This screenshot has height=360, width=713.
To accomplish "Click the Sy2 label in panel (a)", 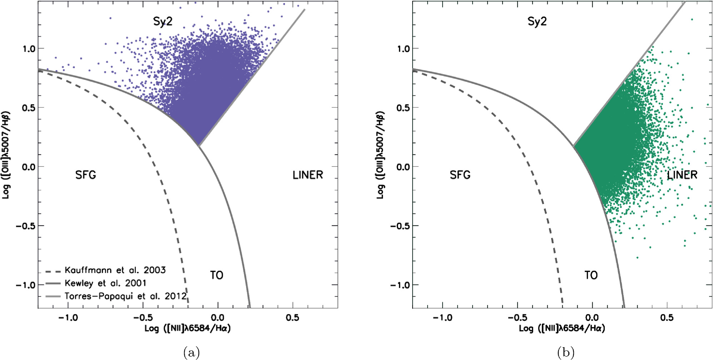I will point(163,21).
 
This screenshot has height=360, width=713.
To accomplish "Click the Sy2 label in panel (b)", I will point(537,21).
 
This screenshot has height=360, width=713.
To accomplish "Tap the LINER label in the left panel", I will point(308,175).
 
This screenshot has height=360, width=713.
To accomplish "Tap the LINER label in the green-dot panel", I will point(682,175).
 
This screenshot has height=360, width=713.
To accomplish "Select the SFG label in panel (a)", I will point(85,175).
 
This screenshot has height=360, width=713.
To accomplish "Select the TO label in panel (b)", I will point(591,275).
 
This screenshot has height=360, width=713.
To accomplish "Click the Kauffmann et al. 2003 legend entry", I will point(115,270).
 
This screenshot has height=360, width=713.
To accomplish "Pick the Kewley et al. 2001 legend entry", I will point(105,283).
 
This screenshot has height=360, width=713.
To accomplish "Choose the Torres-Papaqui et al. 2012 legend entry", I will point(125,296).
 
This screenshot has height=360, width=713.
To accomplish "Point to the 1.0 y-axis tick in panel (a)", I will point(29,49).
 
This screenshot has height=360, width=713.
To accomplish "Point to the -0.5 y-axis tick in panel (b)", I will point(400,226).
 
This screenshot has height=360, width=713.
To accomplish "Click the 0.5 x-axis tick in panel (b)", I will point(667,317).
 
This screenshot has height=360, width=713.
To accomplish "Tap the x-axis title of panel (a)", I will point(188,328).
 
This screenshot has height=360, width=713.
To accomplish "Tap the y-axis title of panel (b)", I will point(380,155).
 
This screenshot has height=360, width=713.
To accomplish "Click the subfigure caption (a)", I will point(191,352).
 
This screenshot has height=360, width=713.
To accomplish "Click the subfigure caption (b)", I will point(565,352).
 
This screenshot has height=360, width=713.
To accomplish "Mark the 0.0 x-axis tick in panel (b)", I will point(592,317).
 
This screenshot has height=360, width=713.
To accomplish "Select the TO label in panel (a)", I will point(216,275).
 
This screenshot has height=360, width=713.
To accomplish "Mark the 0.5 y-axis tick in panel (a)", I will point(29,108).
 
